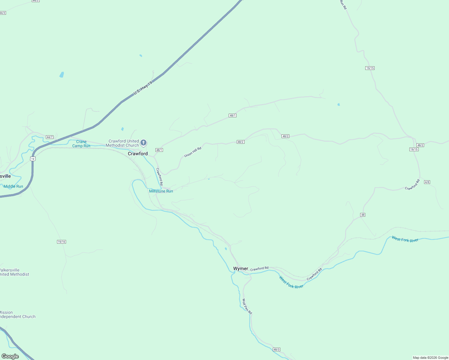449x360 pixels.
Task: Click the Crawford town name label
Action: (x=138, y=154)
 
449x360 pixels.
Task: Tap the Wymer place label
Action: (x=241, y=268)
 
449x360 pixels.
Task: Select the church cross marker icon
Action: (x=143, y=142)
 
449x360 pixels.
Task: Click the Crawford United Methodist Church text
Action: (x=124, y=143)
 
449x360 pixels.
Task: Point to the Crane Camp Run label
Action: (x=81, y=144)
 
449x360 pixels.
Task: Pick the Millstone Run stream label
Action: (x=161, y=191)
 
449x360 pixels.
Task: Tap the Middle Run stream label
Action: (x=13, y=186)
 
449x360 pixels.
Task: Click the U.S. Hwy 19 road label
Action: (x=143, y=88)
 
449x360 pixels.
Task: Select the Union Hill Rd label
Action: (x=193, y=152)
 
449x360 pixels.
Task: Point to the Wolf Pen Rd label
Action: (x=247, y=306)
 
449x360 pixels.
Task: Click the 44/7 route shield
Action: (x=50, y=137)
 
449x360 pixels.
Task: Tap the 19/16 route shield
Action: (x=61, y=242)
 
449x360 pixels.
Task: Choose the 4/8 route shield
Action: (x=427, y=182)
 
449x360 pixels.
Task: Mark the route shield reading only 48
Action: (x=363, y=215)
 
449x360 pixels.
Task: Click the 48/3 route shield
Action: (x=276, y=349)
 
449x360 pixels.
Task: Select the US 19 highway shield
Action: (x=33, y=159)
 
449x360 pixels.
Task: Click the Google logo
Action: (x=10, y=356)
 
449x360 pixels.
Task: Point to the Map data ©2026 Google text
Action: (x=430, y=358)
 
